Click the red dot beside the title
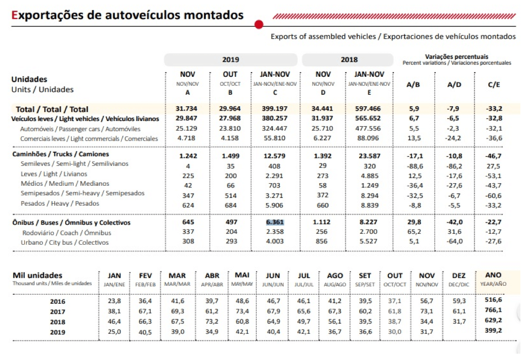tap(258, 25)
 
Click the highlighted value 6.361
tap(275, 222)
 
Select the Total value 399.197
tap(274, 109)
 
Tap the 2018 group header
tap(349, 59)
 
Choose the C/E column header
tap(494, 85)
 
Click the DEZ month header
tap(459, 275)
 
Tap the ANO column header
tap(494, 275)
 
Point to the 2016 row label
tap(58, 302)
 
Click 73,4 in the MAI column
tap(242, 311)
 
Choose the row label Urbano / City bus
tap(64, 242)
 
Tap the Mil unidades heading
tap(37, 275)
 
